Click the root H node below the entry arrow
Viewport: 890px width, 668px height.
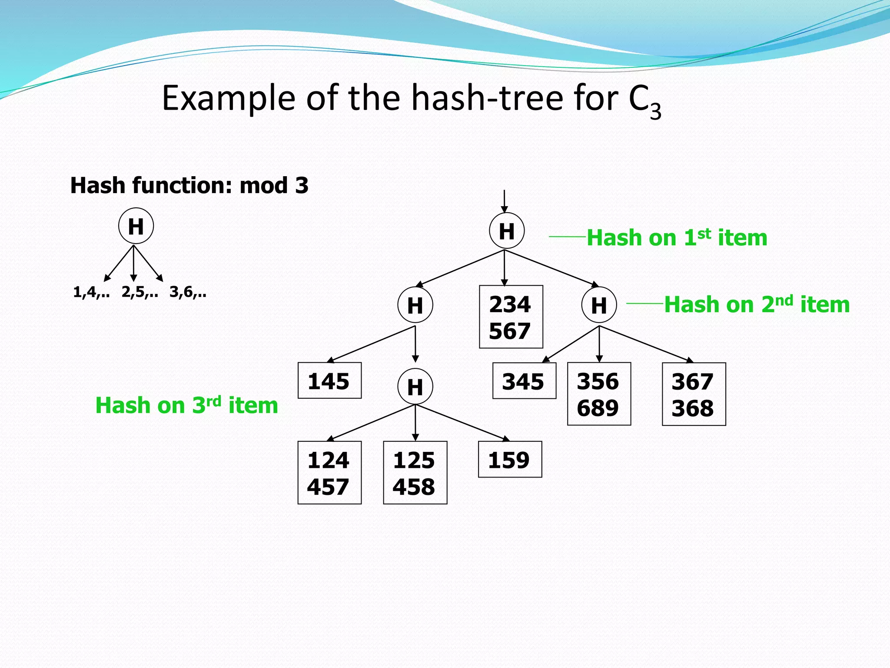point(506,231)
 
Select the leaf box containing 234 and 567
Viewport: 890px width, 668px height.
point(511,317)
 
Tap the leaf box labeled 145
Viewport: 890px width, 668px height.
point(329,381)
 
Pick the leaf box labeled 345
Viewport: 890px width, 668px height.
point(524,381)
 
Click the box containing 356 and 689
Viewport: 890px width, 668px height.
point(599,394)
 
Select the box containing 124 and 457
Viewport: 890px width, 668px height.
point(329,473)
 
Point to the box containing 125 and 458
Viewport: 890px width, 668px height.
point(415,473)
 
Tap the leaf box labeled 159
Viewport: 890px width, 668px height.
point(510,460)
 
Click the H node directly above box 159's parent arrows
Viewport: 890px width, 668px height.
point(415,387)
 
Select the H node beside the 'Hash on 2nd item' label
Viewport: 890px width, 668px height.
point(599,305)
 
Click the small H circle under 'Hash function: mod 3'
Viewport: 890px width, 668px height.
point(136,226)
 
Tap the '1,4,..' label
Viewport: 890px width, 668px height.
point(91,292)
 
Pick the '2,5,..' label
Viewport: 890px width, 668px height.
point(139,292)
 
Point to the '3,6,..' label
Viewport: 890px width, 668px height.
point(188,292)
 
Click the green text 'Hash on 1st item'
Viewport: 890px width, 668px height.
point(677,238)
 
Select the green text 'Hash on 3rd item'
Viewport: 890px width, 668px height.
point(186,405)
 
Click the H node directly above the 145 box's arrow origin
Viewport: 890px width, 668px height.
point(415,305)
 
